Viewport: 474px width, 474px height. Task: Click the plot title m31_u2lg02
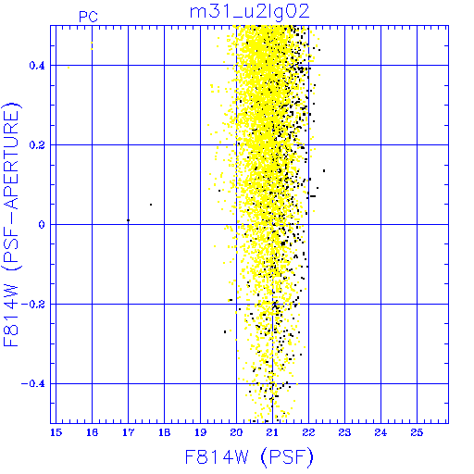(x=249, y=13)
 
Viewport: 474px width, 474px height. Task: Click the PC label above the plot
(x=88, y=17)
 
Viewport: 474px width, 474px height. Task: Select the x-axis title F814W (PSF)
(x=249, y=457)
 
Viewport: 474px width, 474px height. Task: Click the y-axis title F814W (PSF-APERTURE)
(x=11, y=224)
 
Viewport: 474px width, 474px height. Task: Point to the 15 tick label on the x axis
(x=56, y=432)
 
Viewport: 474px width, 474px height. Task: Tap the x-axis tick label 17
(x=128, y=432)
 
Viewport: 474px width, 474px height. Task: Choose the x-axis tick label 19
(x=200, y=432)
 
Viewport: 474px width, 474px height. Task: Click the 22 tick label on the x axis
(x=308, y=432)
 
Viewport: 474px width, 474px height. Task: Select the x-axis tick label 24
(x=380, y=432)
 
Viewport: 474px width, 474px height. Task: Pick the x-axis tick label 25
(x=417, y=432)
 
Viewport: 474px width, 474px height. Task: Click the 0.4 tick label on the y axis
(x=37, y=66)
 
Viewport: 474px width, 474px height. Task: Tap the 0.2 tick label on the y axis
(x=37, y=145)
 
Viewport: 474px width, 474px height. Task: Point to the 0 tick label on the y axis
(x=42, y=225)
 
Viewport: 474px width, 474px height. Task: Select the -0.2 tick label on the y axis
(x=33, y=305)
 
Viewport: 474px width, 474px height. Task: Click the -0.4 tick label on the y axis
(x=33, y=384)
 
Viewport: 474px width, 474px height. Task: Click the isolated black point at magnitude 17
(x=128, y=220)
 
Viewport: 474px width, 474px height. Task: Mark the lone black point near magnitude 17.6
(x=151, y=205)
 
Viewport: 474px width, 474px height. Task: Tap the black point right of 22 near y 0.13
(x=324, y=170)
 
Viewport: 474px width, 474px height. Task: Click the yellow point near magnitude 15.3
(x=69, y=68)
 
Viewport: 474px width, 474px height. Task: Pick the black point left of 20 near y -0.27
(x=225, y=331)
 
